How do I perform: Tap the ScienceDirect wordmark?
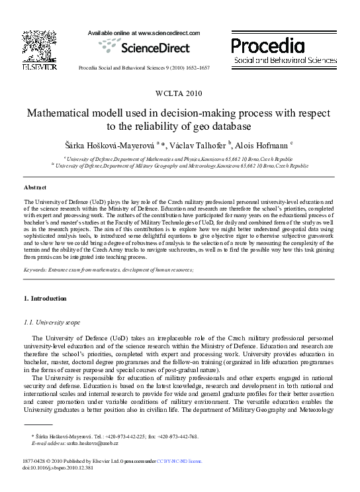[x=154, y=48]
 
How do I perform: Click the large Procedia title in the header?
[x=268, y=46]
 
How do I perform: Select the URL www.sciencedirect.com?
[x=165, y=32]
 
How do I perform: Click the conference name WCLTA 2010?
[x=179, y=92]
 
